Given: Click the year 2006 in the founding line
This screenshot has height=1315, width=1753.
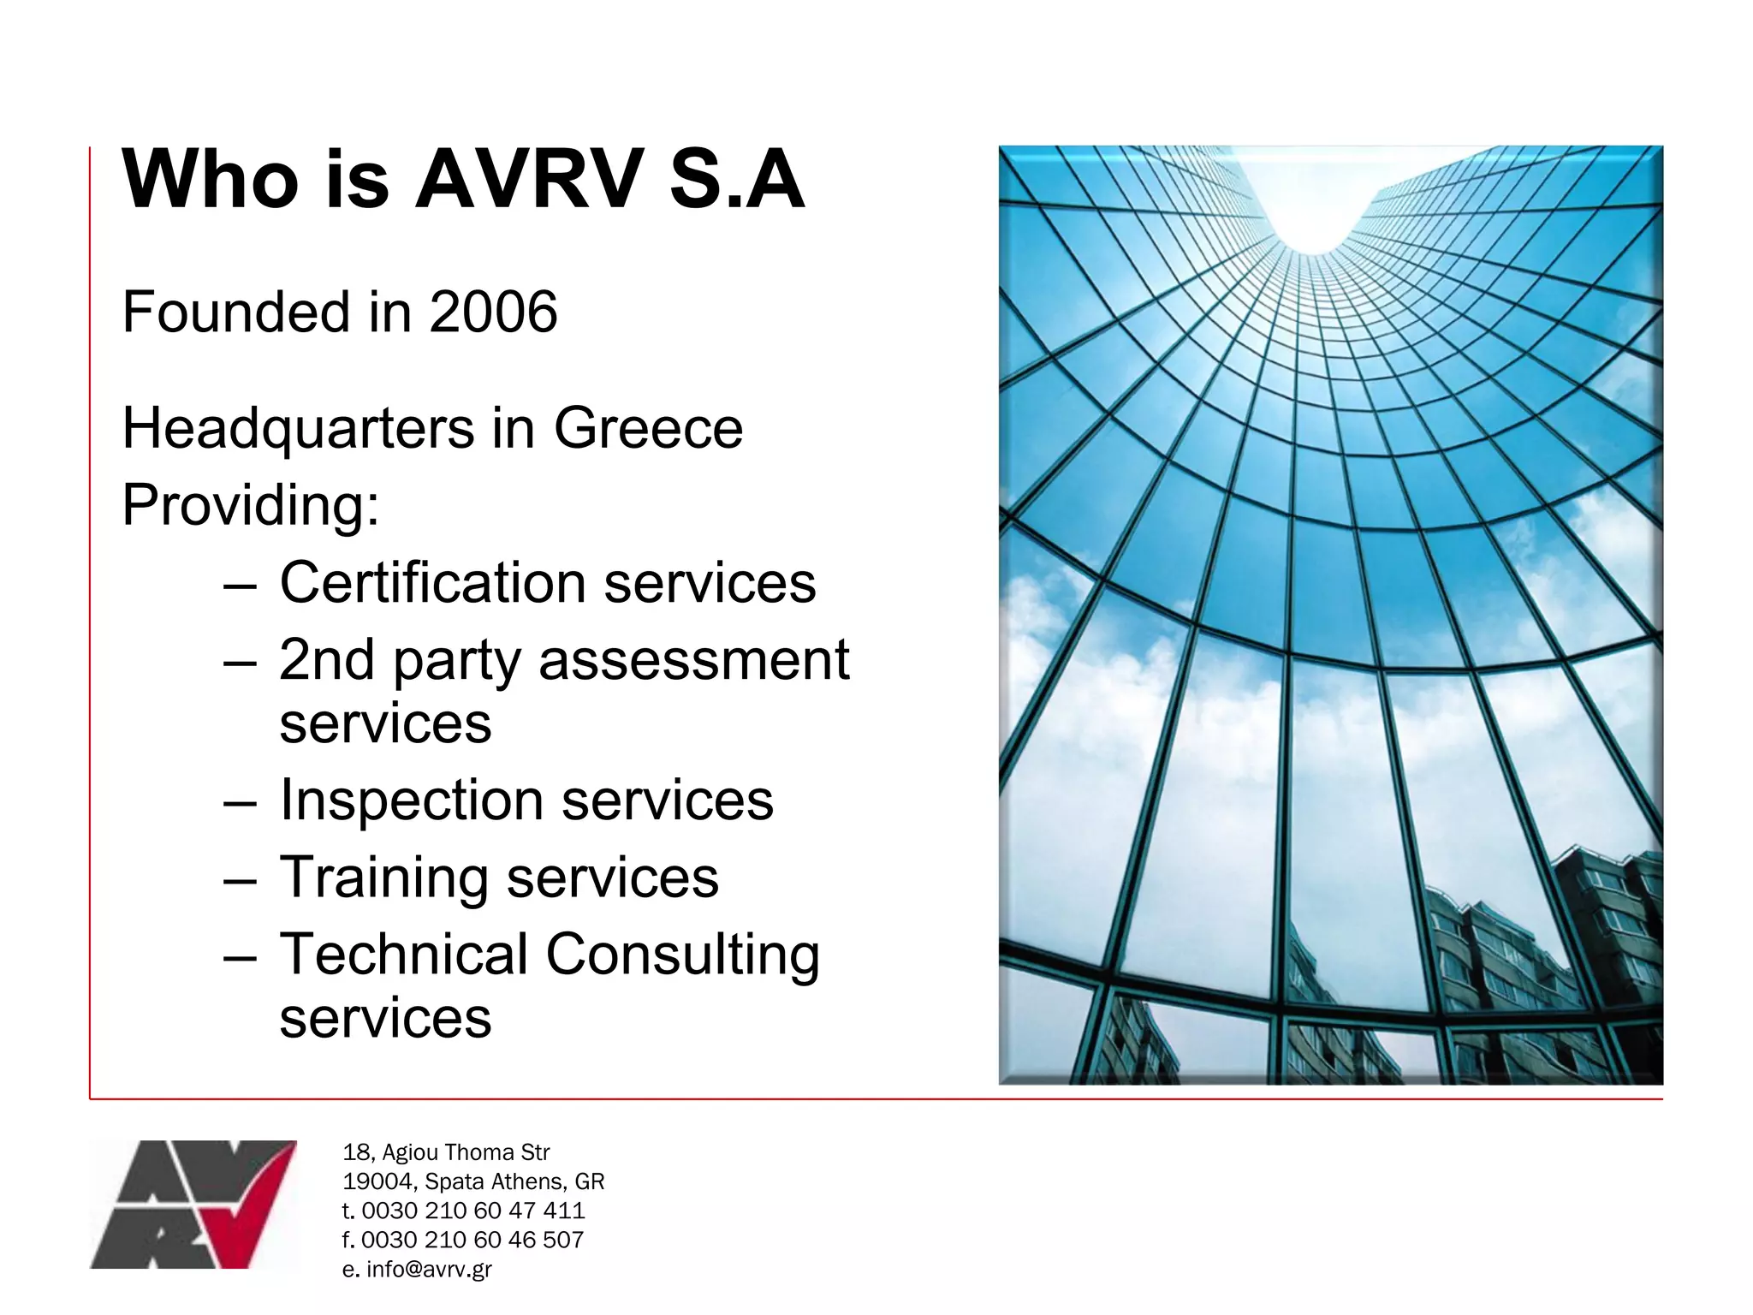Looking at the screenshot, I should click(x=493, y=312).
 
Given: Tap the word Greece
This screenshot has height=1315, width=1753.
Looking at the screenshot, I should click(x=648, y=428).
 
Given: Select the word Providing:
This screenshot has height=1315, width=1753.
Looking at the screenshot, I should click(x=251, y=505).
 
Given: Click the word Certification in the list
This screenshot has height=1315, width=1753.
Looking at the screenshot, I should click(x=432, y=583).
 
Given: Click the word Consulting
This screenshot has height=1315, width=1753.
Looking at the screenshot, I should click(x=682, y=955).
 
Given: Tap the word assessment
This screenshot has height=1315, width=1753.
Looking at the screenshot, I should click(x=693, y=661).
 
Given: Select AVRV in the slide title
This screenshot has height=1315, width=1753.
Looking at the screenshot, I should click(x=529, y=180).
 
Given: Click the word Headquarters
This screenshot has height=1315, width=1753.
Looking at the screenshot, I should click(x=297, y=428).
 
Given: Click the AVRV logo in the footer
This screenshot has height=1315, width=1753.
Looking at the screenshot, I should click(x=193, y=1204).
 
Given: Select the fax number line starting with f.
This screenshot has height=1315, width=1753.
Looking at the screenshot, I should click(x=463, y=1240).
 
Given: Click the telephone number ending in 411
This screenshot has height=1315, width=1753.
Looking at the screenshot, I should click(x=472, y=1211).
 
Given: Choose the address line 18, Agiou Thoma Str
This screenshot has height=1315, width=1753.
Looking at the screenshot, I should click(x=446, y=1152).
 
